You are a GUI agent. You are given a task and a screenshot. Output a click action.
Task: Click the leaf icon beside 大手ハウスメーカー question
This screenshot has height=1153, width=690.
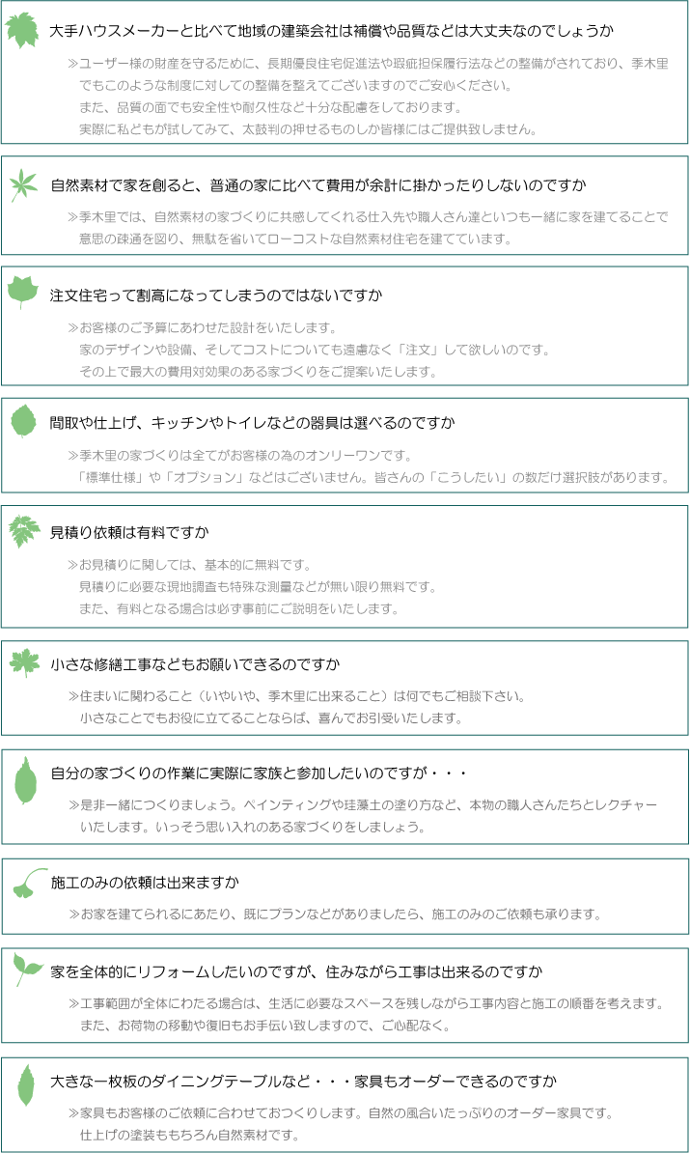point(22,30)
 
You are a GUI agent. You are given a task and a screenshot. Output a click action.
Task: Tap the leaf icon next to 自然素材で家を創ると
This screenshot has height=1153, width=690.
point(23,184)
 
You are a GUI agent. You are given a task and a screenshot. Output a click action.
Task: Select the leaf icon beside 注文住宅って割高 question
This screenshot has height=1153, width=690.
point(23,292)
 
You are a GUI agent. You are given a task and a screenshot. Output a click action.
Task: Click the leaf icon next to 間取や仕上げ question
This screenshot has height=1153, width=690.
point(23,421)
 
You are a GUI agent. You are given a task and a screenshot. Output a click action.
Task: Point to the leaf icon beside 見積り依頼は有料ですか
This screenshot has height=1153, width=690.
point(24,531)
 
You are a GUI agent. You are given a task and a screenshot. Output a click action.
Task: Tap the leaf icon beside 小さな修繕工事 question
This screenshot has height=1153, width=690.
point(25,662)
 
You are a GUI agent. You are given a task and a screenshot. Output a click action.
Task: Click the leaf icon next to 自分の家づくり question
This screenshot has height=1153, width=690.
point(26,780)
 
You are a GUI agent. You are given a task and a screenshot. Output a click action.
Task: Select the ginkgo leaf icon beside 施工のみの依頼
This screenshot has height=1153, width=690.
point(29,883)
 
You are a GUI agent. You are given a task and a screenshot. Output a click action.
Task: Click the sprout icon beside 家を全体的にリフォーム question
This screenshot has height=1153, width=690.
point(28,970)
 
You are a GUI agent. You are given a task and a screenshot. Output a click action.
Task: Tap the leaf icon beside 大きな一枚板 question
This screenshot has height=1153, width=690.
point(26,1084)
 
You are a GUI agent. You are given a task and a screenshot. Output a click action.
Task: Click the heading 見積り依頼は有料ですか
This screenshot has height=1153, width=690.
point(129,532)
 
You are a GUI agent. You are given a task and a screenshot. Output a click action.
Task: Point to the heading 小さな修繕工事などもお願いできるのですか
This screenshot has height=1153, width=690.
point(196,664)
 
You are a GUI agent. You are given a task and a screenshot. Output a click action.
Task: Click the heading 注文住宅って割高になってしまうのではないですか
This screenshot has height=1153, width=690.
point(216,295)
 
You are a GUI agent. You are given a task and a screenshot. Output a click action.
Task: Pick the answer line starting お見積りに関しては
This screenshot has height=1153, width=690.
point(189,565)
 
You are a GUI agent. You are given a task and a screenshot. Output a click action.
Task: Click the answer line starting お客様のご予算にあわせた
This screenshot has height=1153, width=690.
point(202,328)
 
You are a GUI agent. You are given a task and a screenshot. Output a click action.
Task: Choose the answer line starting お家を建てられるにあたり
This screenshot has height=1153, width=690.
point(335,914)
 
